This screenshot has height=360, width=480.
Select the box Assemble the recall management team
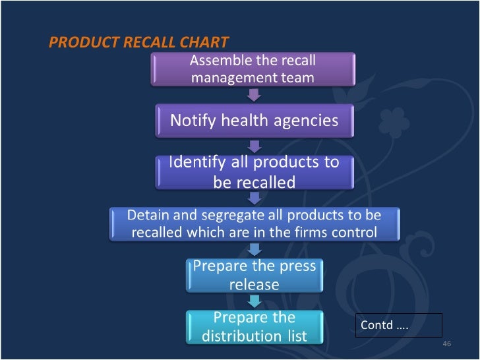[x=253, y=69]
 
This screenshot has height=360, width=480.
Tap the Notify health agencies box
[x=254, y=121]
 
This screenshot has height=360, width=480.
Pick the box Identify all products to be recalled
[x=254, y=171]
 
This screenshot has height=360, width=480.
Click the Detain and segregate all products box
[x=254, y=224]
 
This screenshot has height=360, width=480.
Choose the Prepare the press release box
[x=254, y=276]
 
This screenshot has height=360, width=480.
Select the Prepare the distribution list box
[x=254, y=327]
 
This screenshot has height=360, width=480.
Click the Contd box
[x=399, y=325]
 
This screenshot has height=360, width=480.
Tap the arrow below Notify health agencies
[x=254, y=146]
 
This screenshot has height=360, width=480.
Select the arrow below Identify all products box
[x=254, y=197]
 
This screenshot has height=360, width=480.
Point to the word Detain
[x=148, y=216]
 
